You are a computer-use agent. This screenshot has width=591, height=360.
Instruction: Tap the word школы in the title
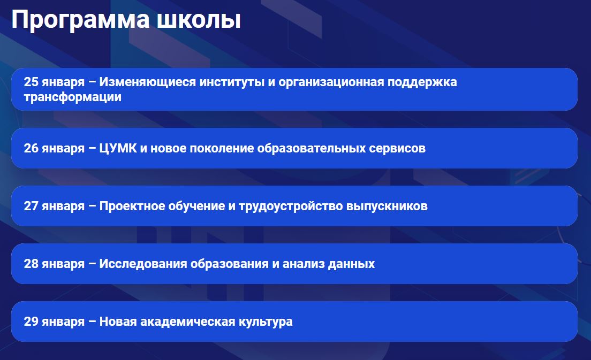coord(199,20)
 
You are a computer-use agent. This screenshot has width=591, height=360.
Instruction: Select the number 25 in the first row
coord(31,82)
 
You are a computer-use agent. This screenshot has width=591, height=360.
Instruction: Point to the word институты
coord(232,82)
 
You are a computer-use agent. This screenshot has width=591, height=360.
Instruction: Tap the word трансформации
coord(73,97)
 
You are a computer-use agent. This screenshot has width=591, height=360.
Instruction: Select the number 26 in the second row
coord(31,148)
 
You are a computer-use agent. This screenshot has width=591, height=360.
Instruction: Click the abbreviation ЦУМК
coord(118,148)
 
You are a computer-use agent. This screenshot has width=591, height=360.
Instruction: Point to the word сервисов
coord(397,148)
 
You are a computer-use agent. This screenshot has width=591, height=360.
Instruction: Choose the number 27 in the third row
coord(31,206)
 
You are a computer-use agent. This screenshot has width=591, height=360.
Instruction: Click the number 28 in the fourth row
coord(31,264)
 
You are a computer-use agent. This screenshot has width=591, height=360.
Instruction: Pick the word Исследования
coord(143,264)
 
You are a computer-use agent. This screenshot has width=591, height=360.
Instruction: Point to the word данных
coord(351,264)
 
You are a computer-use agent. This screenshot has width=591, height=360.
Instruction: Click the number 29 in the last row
coord(31,321)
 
